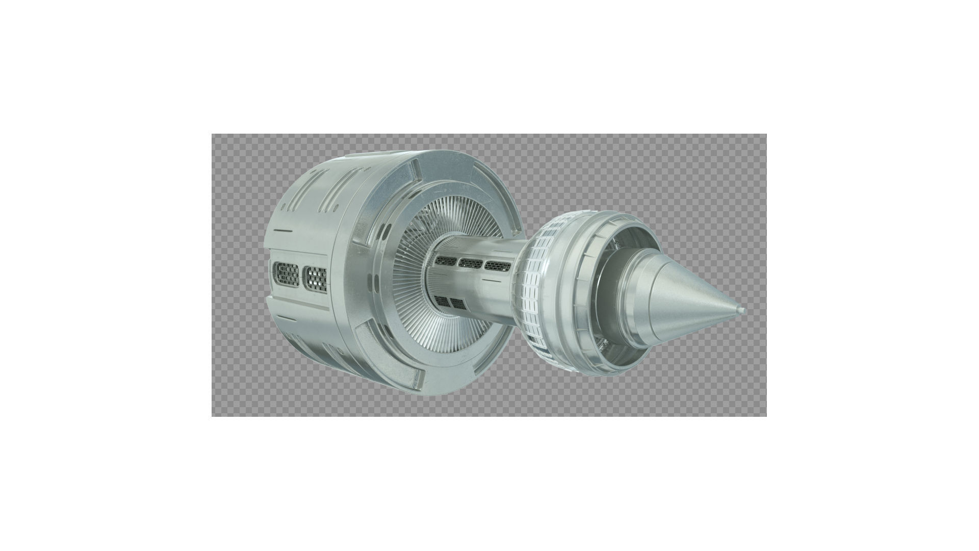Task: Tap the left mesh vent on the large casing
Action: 286,274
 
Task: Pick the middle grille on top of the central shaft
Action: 471,263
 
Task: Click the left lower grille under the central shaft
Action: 442,302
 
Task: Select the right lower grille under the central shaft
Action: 458,305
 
